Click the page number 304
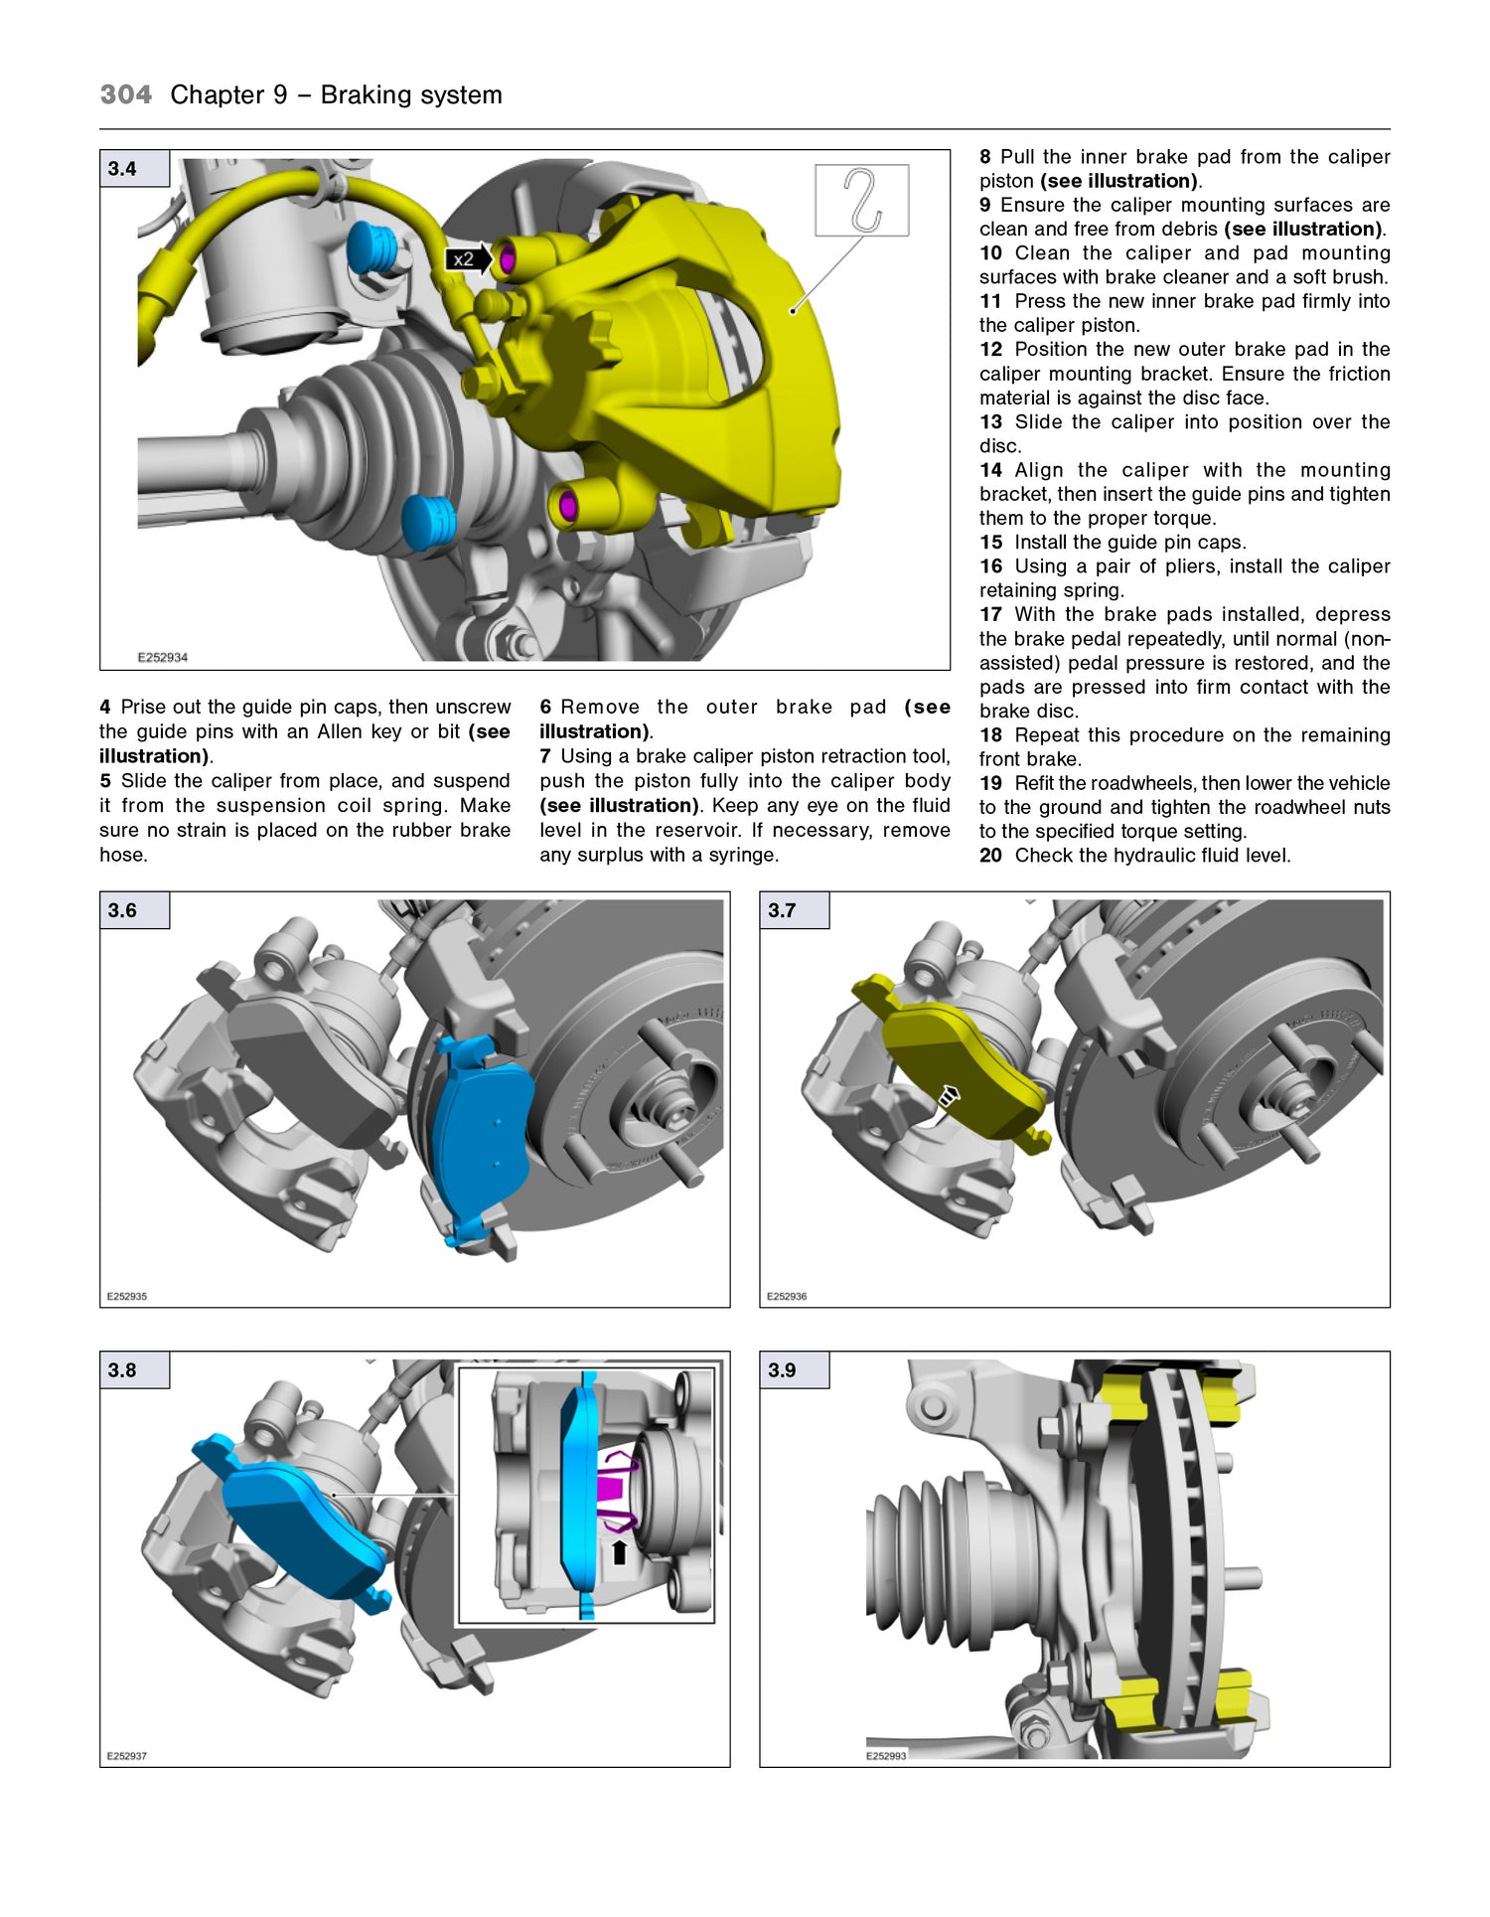point(126,95)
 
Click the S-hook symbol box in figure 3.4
point(861,201)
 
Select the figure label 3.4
point(123,169)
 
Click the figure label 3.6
point(123,910)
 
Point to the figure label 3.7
point(783,910)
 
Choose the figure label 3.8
point(123,1370)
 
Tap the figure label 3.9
point(783,1370)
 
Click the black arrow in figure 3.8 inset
point(619,1551)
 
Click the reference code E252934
point(162,657)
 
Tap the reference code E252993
point(885,1756)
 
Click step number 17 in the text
point(990,615)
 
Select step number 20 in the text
point(990,856)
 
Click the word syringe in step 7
point(743,855)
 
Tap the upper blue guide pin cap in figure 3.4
point(373,248)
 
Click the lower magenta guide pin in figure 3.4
point(568,506)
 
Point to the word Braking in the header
point(362,95)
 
